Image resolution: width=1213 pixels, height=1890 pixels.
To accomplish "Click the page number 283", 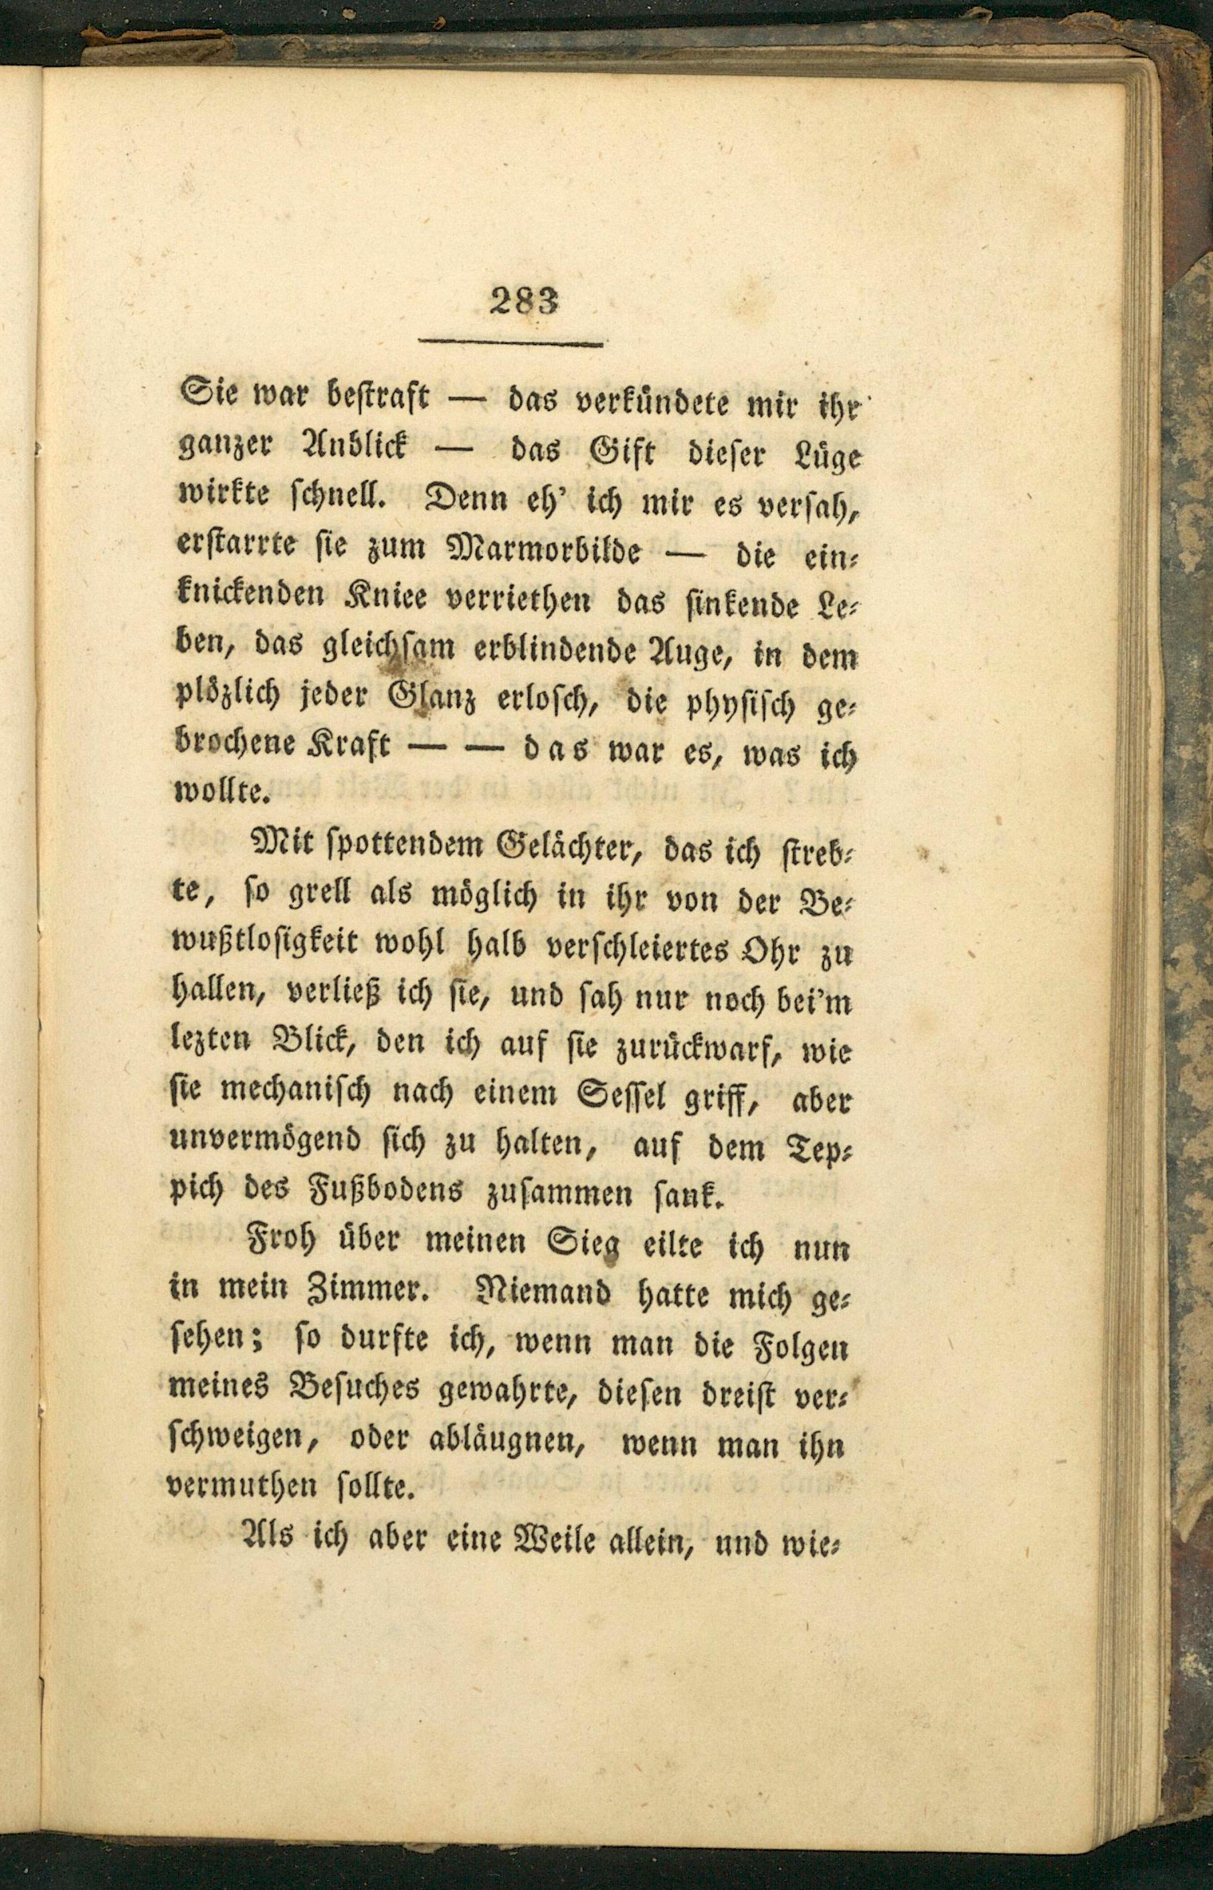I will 524,301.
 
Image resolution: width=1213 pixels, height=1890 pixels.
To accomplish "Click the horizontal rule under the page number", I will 510,343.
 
